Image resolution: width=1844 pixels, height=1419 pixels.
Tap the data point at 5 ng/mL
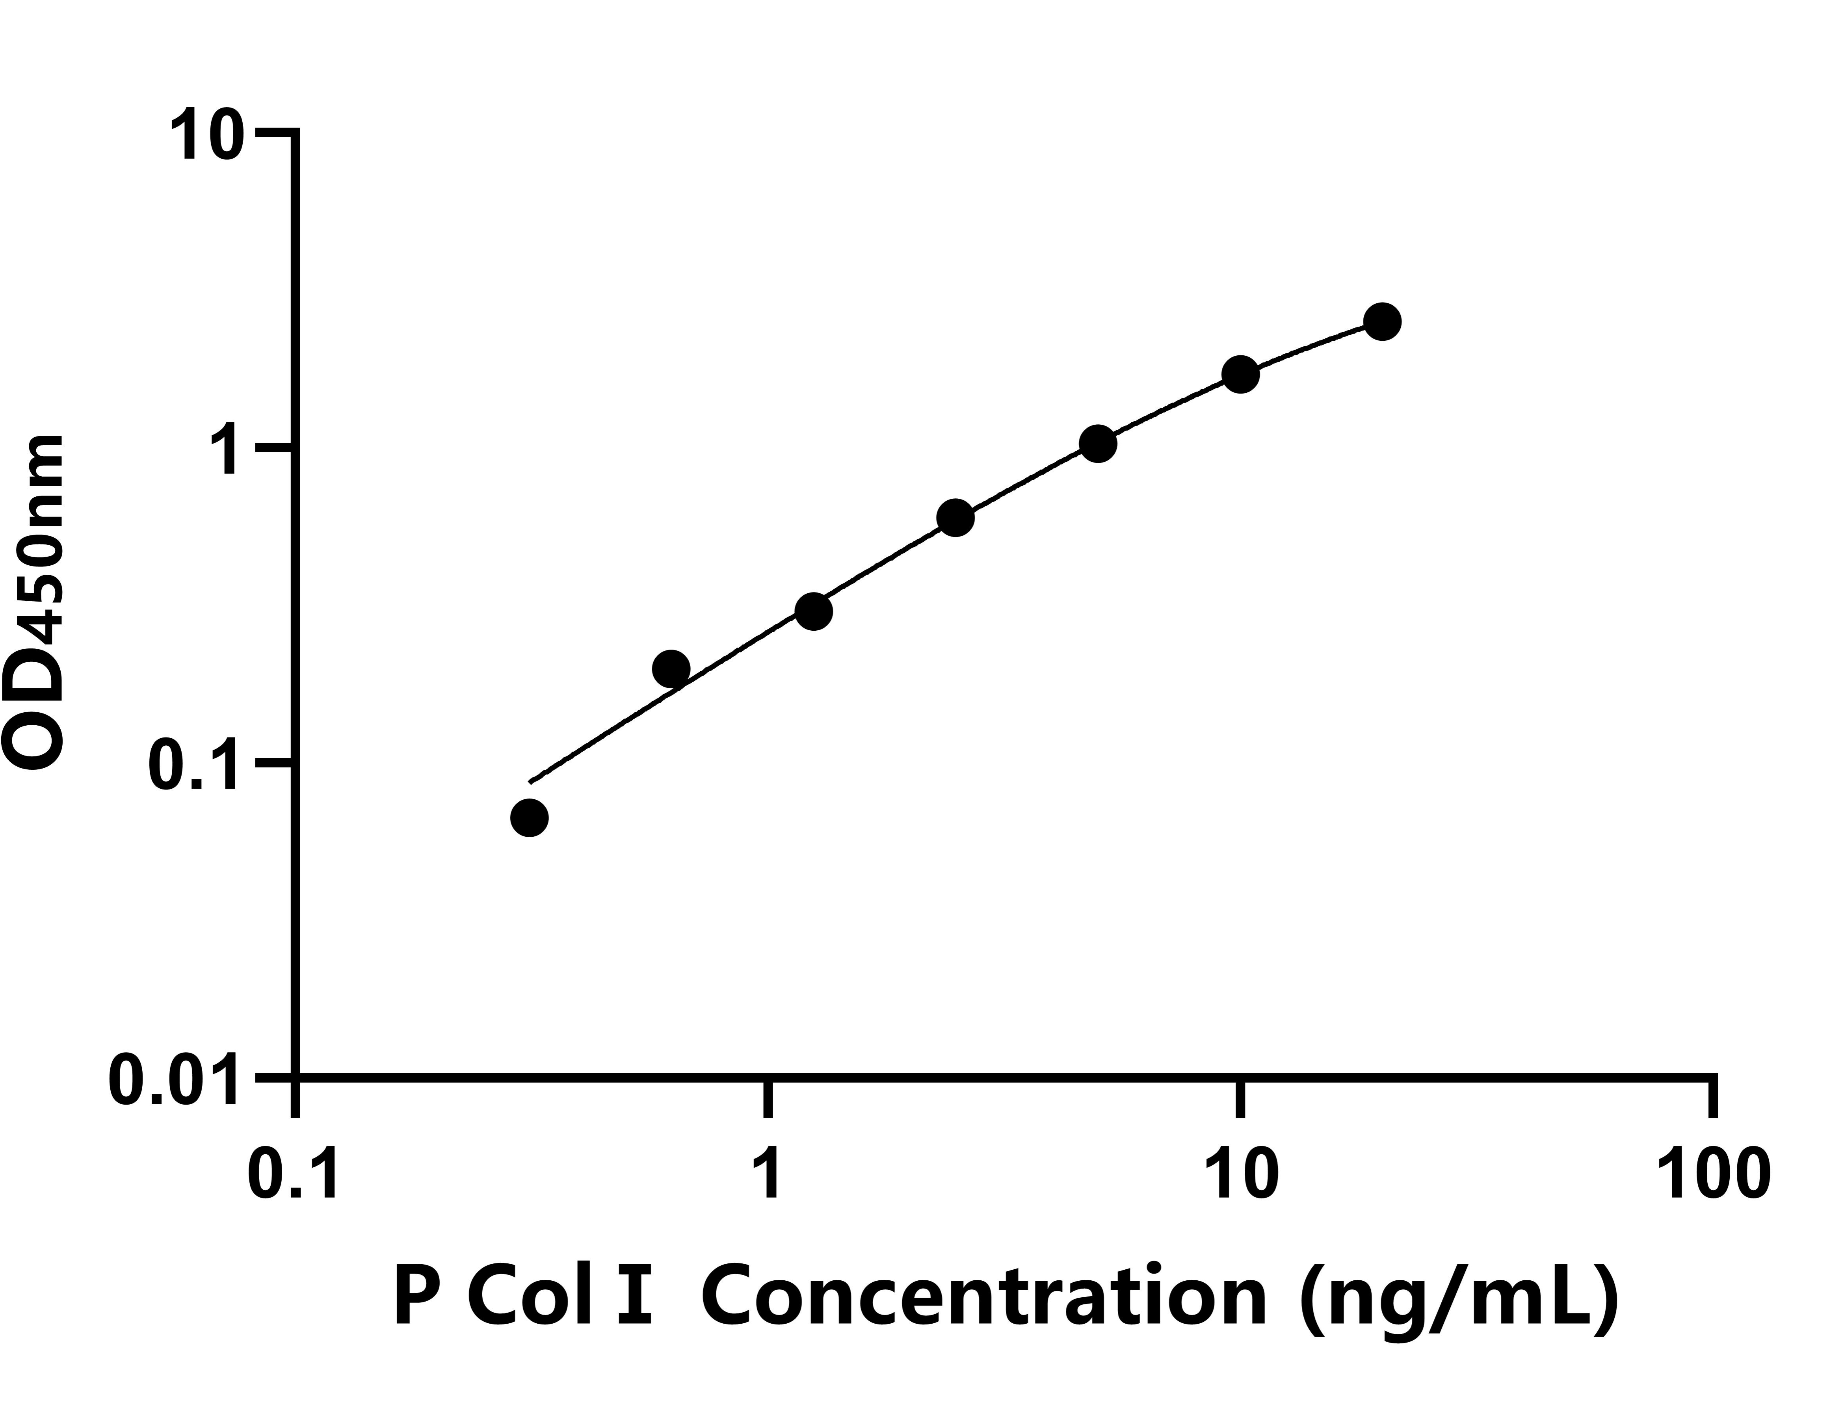[1098, 444]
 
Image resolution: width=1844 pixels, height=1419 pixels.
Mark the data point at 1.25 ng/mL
[814, 611]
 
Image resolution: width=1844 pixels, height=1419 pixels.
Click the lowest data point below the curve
[530, 817]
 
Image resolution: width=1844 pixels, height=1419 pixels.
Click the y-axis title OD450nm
[35, 602]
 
